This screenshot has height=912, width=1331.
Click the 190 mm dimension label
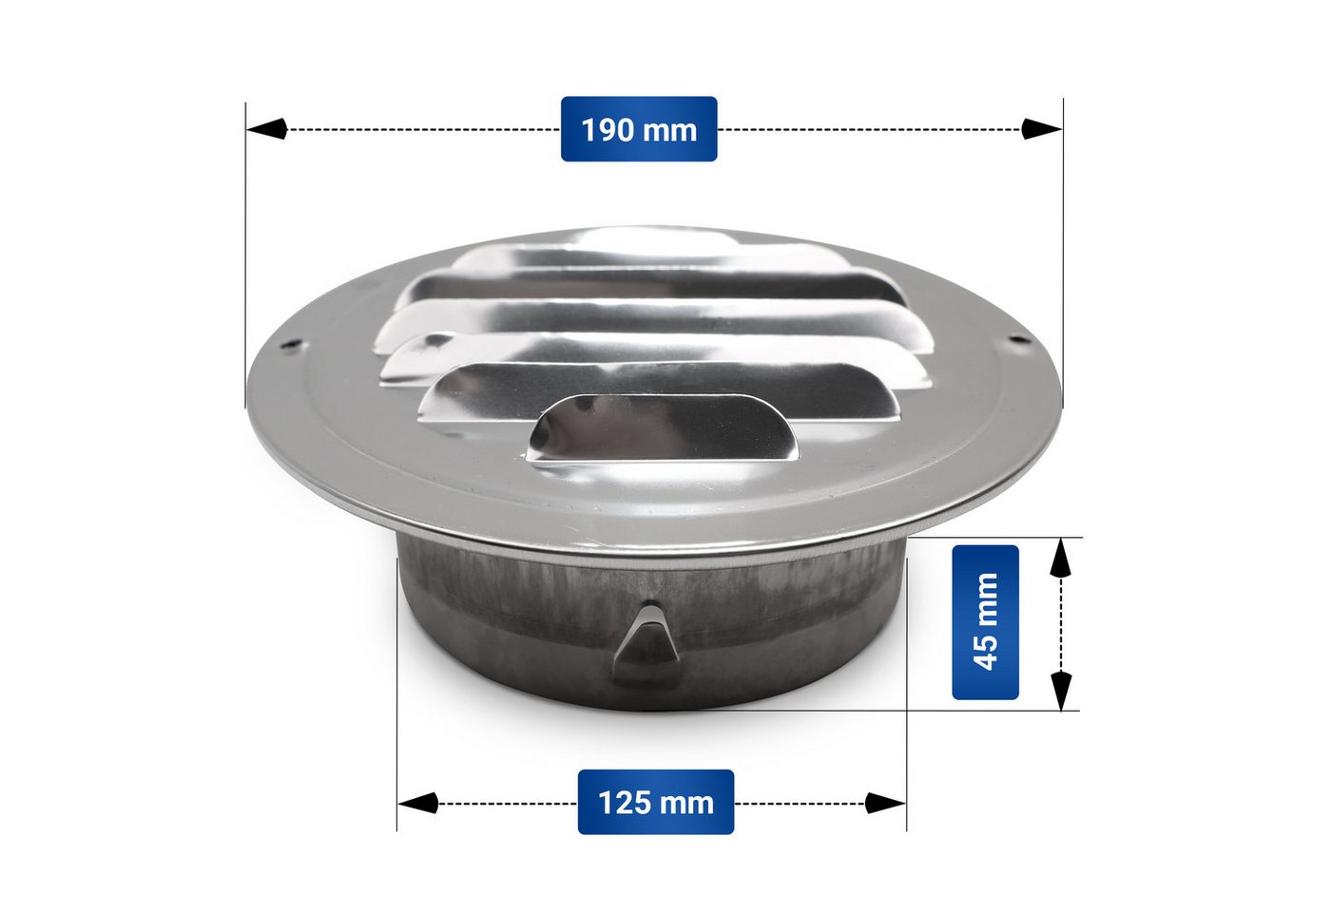pyautogui.click(x=639, y=129)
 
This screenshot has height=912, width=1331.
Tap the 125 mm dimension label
pyautogui.click(x=655, y=802)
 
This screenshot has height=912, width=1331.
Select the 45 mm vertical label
pyautogui.click(x=985, y=621)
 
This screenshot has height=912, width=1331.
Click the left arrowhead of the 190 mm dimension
pyautogui.click(x=267, y=129)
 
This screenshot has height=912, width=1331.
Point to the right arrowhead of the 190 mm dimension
pyautogui.click(x=1042, y=129)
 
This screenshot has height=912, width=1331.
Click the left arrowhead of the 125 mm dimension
pyautogui.click(x=417, y=803)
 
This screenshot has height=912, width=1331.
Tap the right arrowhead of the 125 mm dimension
pyautogui.click(x=885, y=803)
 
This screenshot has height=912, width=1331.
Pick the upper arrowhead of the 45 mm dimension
pyautogui.click(x=1061, y=557)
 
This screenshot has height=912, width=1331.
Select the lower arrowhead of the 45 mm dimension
pyautogui.click(x=1061, y=691)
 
